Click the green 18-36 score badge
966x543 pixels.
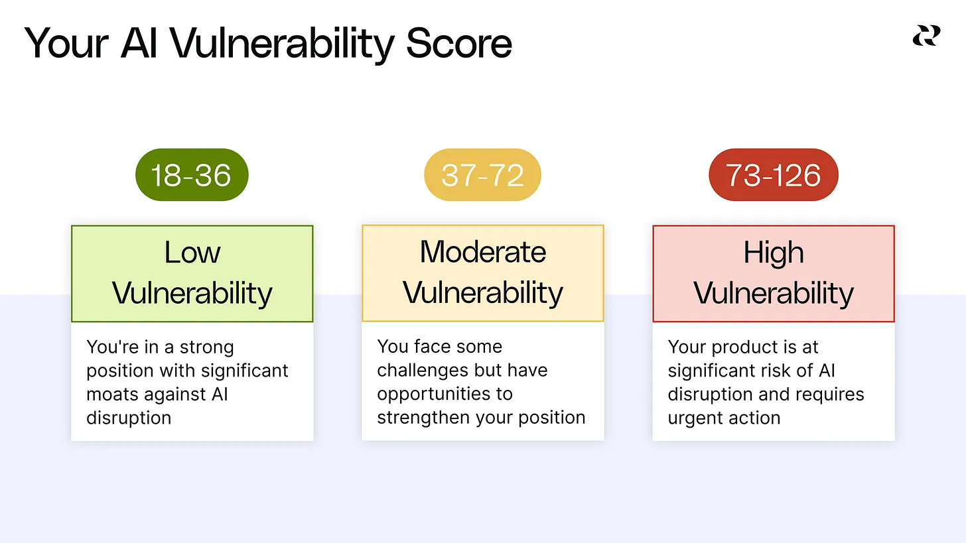point(192,174)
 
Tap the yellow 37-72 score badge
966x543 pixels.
point(482,174)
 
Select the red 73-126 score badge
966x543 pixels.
point(774,174)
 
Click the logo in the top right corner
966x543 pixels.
point(926,35)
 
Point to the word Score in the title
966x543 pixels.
point(459,43)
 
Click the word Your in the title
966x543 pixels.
point(66,43)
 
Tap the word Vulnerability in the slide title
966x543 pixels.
point(282,44)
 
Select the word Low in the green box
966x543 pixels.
point(192,253)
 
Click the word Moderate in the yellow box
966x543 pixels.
point(483,252)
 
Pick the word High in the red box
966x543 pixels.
point(774,253)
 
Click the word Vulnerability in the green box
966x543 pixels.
point(192,294)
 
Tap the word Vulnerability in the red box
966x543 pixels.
point(774,294)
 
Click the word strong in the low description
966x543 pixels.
point(206,347)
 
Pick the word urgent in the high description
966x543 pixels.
point(695,418)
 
